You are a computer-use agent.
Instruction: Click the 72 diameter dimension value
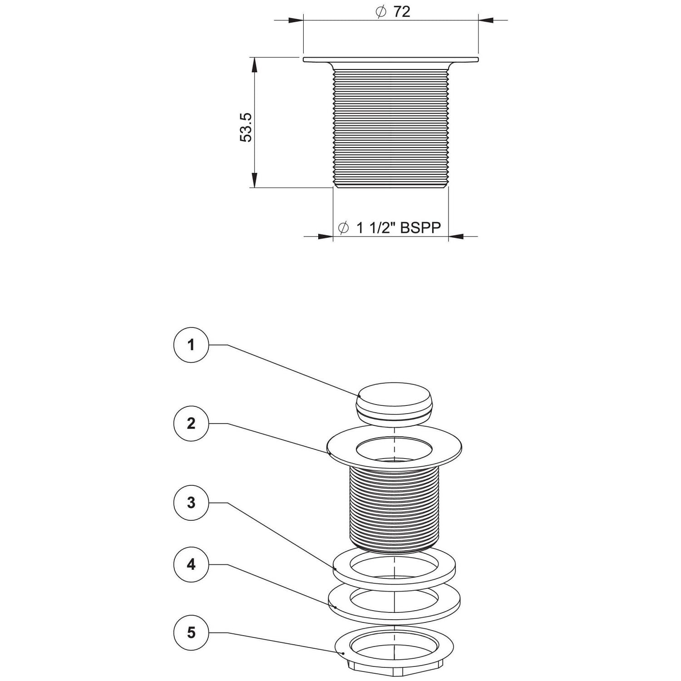coord(401,12)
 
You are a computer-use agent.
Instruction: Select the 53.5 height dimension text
coord(246,128)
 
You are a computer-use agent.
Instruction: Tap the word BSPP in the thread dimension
coord(420,227)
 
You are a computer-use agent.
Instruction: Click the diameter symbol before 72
coord(380,12)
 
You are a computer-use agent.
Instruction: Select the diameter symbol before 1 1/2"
coord(344,227)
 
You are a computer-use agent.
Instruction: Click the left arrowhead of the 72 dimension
coord(296,20)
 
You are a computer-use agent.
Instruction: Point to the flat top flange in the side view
coord(390,59)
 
